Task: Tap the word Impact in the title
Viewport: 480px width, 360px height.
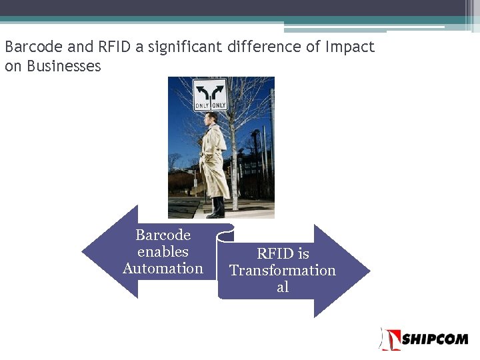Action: (350, 47)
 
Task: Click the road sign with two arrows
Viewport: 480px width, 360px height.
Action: (210, 95)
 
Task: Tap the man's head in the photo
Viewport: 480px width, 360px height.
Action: (211, 120)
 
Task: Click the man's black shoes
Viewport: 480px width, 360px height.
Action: (215, 213)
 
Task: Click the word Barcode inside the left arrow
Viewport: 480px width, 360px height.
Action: (163, 235)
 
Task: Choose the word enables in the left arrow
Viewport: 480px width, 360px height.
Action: (163, 252)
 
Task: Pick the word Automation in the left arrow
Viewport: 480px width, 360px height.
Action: (163, 269)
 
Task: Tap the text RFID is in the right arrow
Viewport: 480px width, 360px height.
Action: (283, 254)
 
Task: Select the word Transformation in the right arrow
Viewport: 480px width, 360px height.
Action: (283, 271)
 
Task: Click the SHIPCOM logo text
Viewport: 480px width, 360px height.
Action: (435, 339)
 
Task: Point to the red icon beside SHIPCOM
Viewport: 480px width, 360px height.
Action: (389, 339)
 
